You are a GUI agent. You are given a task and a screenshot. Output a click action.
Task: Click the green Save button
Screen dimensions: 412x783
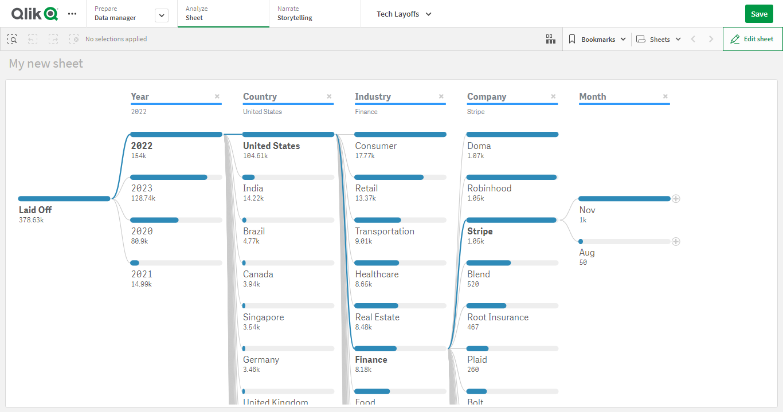click(x=759, y=14)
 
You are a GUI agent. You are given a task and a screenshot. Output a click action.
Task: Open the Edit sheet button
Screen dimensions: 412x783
click(x=752, y=39)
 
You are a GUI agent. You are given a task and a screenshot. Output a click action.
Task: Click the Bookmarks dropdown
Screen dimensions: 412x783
click(x=598, y=40)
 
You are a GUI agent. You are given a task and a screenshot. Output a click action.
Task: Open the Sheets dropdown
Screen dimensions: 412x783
click(x=659, y=40)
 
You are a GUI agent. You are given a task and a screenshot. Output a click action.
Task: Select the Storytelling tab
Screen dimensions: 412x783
click(x=295, y=18)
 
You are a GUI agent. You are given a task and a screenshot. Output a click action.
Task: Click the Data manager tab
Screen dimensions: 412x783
click(x=115, y=18)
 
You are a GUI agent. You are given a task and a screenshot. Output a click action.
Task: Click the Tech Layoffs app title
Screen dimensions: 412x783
click(x=404, y=14)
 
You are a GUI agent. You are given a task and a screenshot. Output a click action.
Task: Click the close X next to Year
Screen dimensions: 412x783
click(x=217, y=96)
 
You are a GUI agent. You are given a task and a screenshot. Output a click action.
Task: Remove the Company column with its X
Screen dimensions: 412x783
click(x=553, y=96)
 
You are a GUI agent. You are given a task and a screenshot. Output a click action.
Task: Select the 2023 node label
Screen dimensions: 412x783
click(x=142, y=189)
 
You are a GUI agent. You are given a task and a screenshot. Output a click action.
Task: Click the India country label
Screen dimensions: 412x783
click(x=253, y=189)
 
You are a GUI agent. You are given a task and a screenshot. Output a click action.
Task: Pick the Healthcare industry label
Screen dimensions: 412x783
click(x=377, y=274)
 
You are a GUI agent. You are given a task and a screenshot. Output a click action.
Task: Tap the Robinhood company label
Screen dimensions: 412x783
click(x=489, y=189)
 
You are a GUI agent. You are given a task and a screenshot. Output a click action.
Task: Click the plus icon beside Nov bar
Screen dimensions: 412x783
click(x=676, y=199)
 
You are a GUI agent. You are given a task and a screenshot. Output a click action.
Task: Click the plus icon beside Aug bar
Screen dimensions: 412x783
click(x=676, y=242)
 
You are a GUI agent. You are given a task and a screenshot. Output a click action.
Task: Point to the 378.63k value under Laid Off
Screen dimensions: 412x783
click(x=32, y=220)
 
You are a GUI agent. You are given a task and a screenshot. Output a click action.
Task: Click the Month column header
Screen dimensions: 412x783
click(x=592, y=97)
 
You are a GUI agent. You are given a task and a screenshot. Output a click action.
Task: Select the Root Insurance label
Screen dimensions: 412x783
click(x=498, y=317)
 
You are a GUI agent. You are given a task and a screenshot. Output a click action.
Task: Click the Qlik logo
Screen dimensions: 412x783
click(x=34, y=14)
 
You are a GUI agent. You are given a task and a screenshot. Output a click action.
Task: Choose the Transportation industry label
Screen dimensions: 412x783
click(x=384, y=231)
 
